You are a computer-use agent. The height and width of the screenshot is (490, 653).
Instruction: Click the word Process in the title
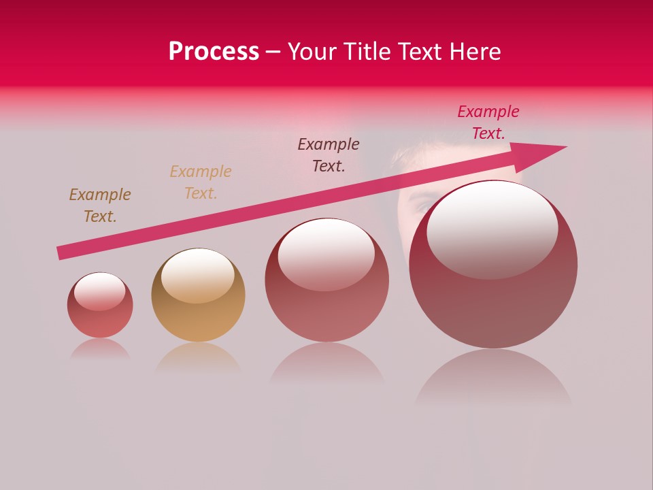coord(214,52)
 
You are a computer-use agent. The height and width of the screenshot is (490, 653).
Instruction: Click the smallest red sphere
coord(100,306)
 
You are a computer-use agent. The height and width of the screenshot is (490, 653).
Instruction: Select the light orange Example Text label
coord(201,182)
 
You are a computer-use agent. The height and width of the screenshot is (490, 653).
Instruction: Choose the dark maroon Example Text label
coord(329,155)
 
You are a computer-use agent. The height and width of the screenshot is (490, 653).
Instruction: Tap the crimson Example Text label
coord(488,122)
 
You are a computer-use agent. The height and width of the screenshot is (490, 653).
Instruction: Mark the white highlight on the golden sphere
coord(198,274)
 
